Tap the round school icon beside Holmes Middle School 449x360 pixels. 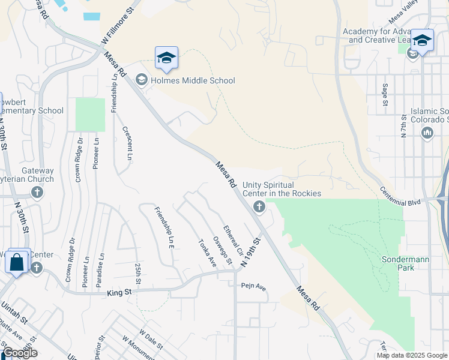142,80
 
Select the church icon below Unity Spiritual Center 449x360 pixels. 259,208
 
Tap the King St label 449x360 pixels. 119,292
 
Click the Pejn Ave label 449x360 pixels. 254,287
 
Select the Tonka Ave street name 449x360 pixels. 207,253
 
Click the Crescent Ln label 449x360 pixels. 127,143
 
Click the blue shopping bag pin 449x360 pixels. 17,262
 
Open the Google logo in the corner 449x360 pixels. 20,353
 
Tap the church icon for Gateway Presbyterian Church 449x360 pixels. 37,193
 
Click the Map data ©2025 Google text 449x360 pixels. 412,355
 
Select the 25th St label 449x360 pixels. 137,273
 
